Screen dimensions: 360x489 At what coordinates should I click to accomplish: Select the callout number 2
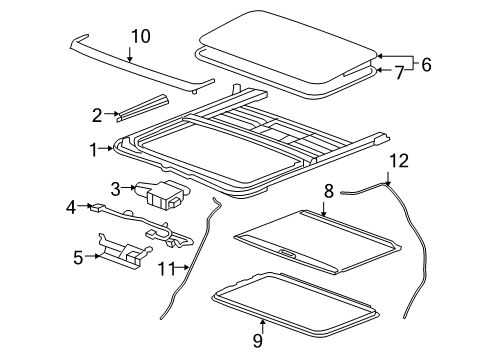97,114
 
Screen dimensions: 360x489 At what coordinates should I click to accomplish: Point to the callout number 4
70,208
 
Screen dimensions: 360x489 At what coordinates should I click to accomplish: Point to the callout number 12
398,159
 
